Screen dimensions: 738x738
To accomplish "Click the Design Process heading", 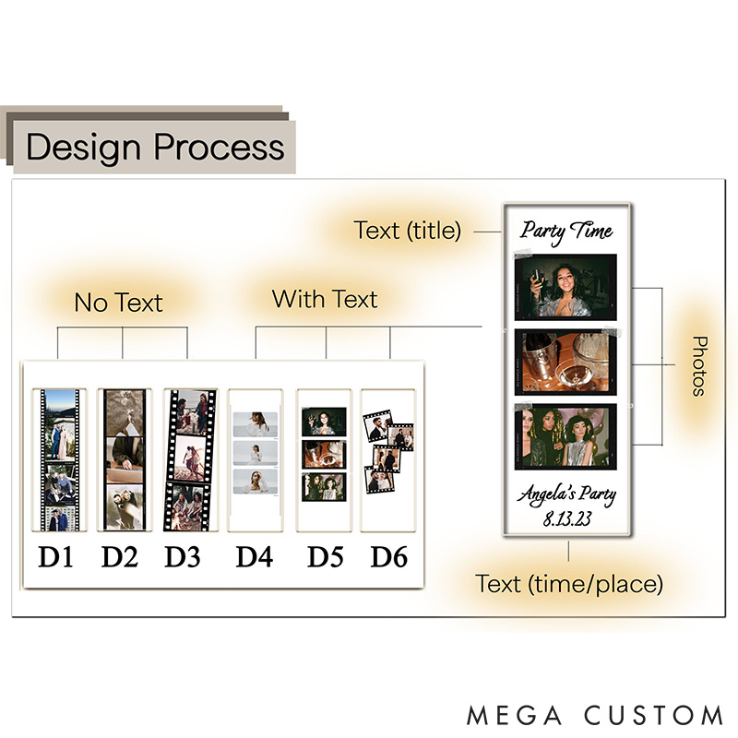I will pos(155,148).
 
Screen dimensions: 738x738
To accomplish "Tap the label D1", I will pos(58,557).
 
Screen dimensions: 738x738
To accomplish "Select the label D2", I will pos(122,557).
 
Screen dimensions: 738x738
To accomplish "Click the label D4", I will pos(254,557).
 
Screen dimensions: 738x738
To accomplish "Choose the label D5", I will pos(325,557).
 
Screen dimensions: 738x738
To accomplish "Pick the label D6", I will pos(388,557).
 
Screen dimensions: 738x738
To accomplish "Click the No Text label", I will pos(118,303).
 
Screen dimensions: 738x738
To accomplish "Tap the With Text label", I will pos(325,299).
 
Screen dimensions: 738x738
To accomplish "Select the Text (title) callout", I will pos(407,231).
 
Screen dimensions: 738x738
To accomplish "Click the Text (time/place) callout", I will pos(569,583).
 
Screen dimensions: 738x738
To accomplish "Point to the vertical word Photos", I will pos(698,365).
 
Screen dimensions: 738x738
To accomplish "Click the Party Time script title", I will pos(566,231).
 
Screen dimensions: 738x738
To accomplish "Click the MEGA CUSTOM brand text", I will pos(595,715).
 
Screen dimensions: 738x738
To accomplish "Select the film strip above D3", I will pos(189,459).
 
